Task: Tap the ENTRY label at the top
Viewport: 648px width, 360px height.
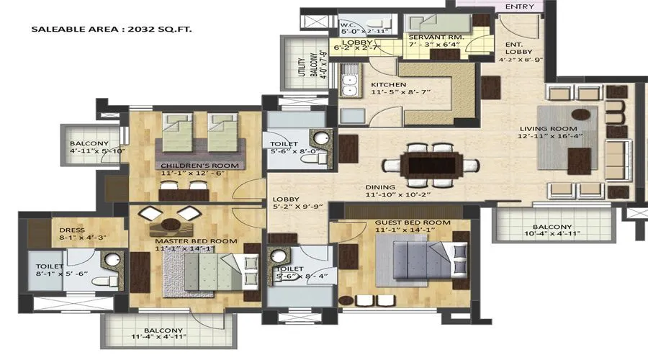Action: pos(520,6)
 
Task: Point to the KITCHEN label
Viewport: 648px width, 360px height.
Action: pos(388,84)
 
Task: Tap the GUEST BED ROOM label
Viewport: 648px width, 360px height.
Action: pos(413,222)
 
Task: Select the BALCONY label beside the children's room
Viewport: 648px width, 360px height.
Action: pos(89,143)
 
